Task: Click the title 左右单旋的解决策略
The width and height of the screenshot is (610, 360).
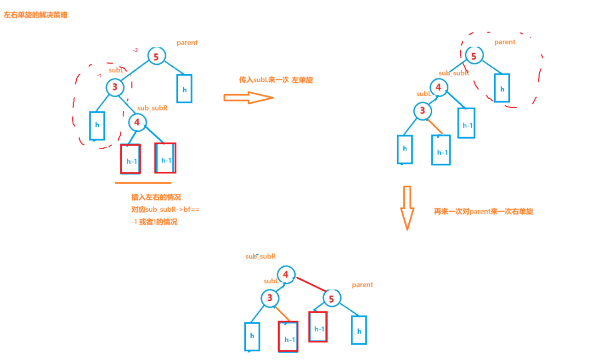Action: [x=36, y=15]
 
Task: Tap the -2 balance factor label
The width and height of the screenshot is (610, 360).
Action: [x=135, y=50]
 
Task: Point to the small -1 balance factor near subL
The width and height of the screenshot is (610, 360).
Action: [x=99, y=75]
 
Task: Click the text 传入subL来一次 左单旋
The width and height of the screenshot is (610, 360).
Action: [x=276, y=80]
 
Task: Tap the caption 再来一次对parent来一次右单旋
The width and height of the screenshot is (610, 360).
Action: [x=483, y=212]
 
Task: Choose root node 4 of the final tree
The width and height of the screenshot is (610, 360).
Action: [x=286, y=275]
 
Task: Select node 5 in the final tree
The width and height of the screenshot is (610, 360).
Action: [x=331, y=299]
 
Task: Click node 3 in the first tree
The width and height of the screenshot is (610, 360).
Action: [x=115, y=87]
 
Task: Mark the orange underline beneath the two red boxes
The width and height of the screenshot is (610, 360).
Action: [x=143, y=183]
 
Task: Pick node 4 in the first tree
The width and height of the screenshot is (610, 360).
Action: [x=137, y=122]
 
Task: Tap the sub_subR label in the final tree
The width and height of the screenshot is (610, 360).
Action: [x=260, y=257]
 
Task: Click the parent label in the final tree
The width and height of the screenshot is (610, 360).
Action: [x=362, y=285]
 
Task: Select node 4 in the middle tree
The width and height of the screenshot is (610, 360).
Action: [x=438, y=87]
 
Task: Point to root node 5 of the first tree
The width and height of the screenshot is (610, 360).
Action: [x=156, y=56]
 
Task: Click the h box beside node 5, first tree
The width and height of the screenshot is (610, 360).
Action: [x=184, y=89]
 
